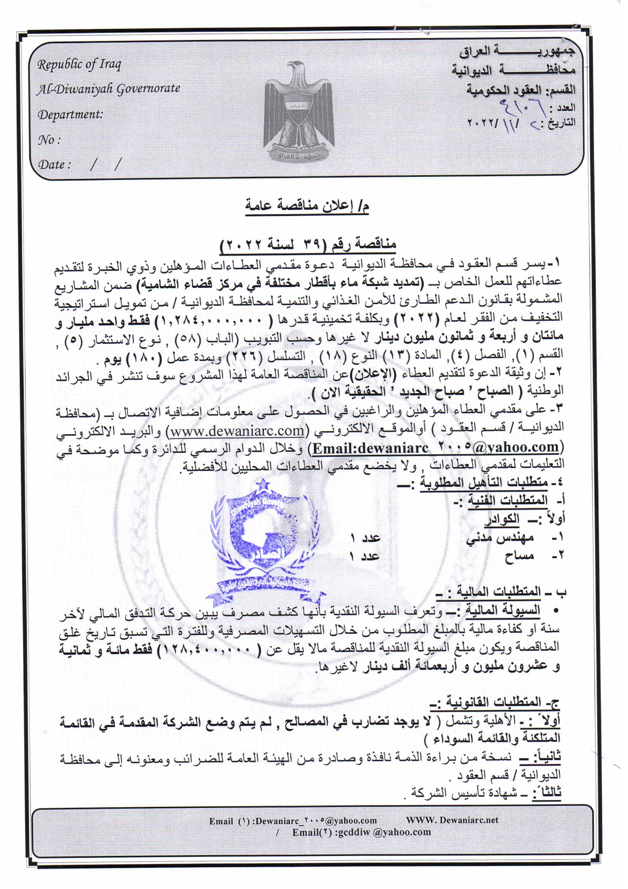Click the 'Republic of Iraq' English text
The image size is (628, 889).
pyautogui.click(x=79, y=64)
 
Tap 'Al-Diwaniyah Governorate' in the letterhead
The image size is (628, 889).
pyautogui.click(x=108, y=89)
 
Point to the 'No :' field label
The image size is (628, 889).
pyautogui.click(x=49, y=140)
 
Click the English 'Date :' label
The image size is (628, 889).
pyautogui.click(x=55, y=165)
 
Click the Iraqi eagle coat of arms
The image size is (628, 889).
pyautogui.click(x=298, y=112)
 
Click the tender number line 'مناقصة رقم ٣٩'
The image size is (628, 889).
pyautogui.click(x=308, y=245)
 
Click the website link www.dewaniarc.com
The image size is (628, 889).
pyautogui.click(x=237, y=430)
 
